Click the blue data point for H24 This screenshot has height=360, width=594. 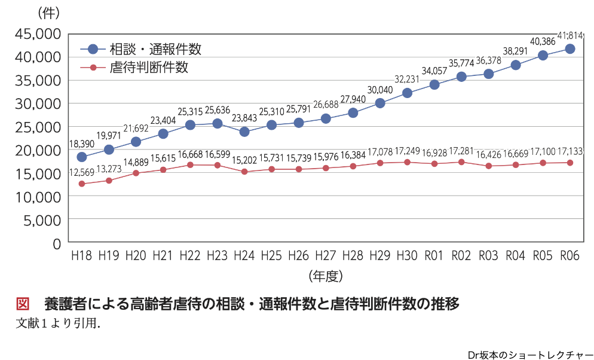[244, 132]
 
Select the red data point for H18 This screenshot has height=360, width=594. [81, 184]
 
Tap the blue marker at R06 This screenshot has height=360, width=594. [569, 48]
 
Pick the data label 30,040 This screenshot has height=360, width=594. [379, 90]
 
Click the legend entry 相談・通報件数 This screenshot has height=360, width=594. [155, 50]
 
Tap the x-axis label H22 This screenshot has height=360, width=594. [189, 256]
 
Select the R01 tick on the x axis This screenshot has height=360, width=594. [434, 256]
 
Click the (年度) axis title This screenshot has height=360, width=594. [326, 276]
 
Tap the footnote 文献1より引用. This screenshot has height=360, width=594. [57, 323]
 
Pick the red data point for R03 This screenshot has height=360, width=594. [488, 166]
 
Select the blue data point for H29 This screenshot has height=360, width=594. [379, 103]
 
